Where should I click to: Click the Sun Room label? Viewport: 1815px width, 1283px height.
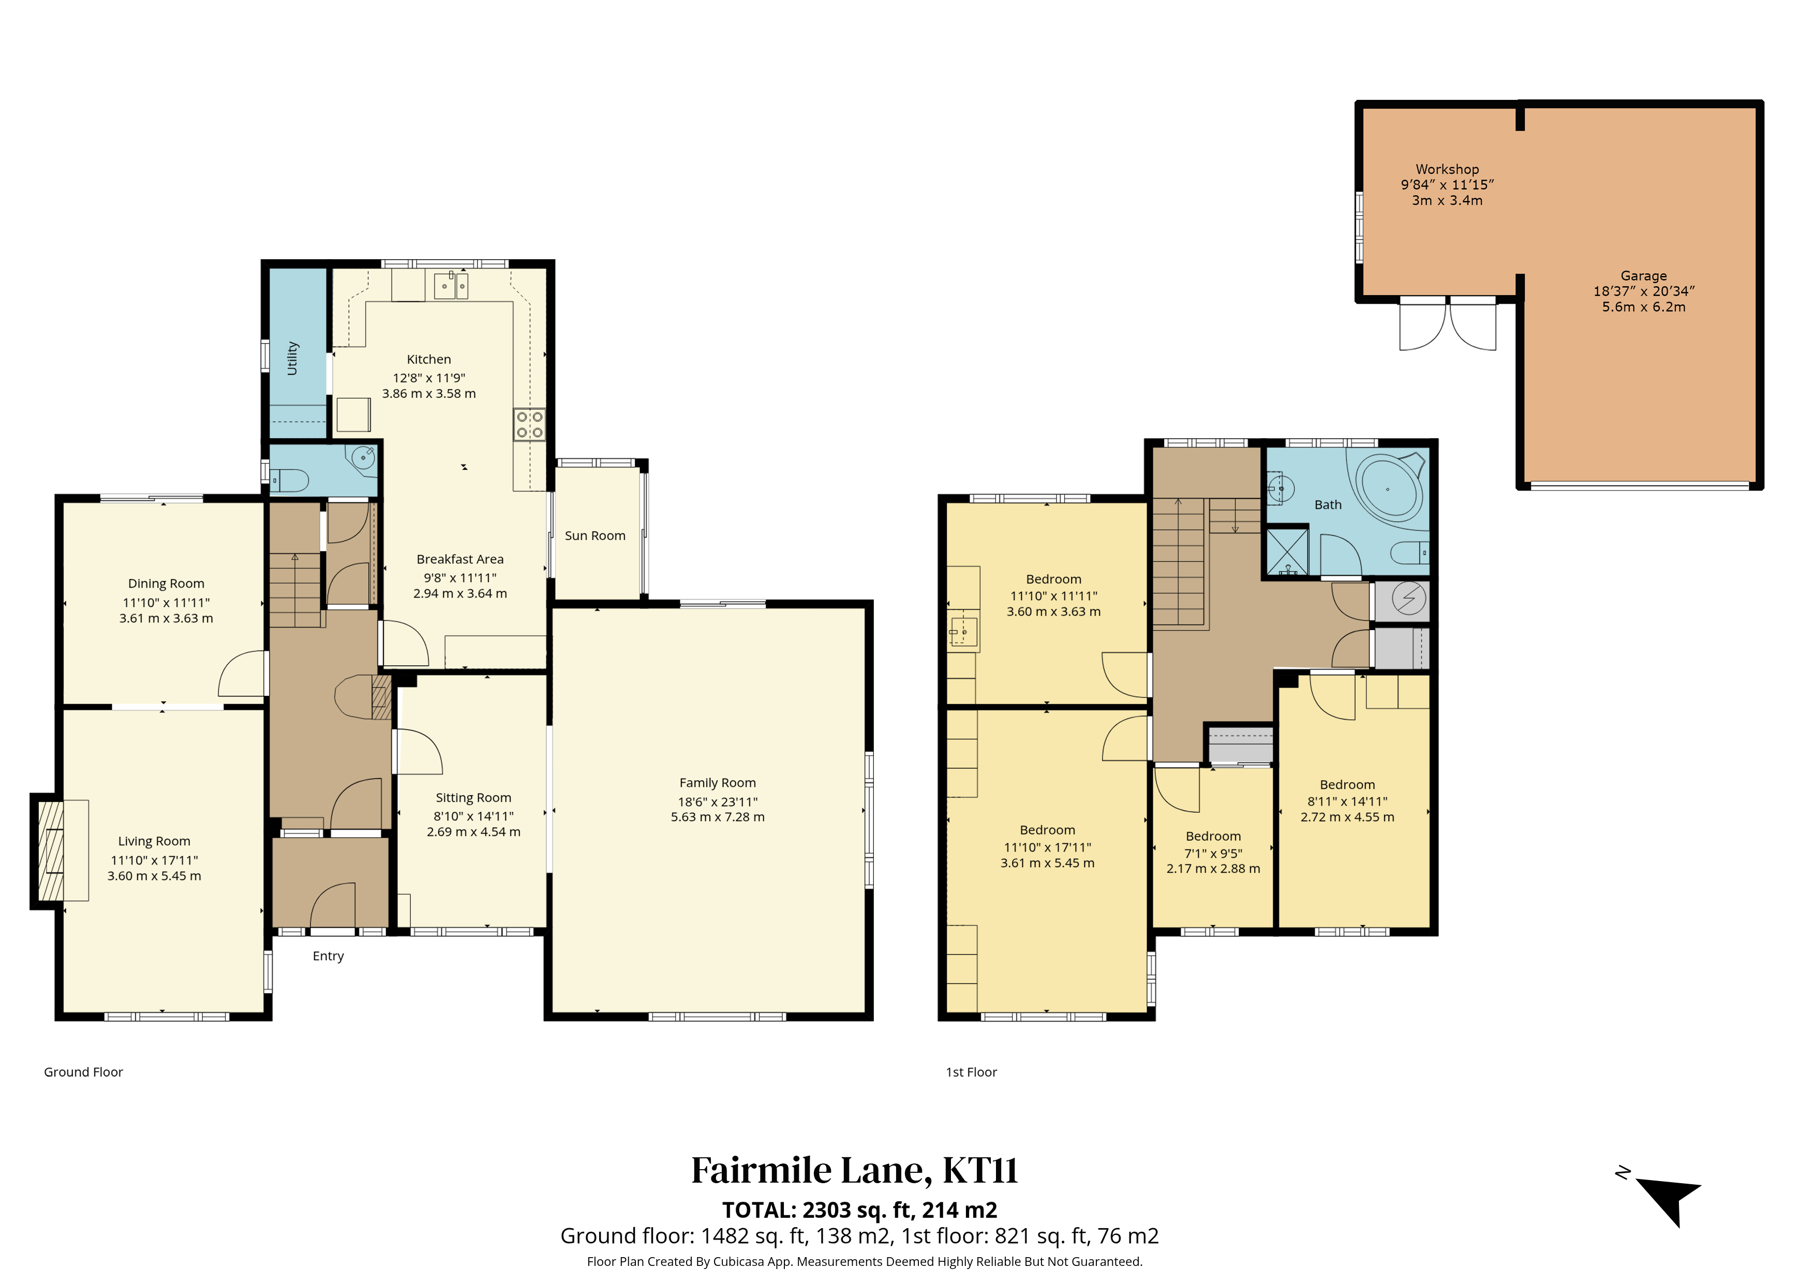pos(594,536)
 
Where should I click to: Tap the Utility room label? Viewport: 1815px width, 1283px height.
pos(292,358)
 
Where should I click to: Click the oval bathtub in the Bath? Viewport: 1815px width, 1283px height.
pos(1389,489)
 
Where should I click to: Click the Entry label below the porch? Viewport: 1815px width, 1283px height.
pos(328,957)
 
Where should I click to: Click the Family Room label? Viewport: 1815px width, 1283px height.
pos(717,783)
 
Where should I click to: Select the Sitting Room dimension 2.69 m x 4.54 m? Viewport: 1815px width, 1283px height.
pos(473,831)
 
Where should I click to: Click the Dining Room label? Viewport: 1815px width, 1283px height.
pos(166,584)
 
